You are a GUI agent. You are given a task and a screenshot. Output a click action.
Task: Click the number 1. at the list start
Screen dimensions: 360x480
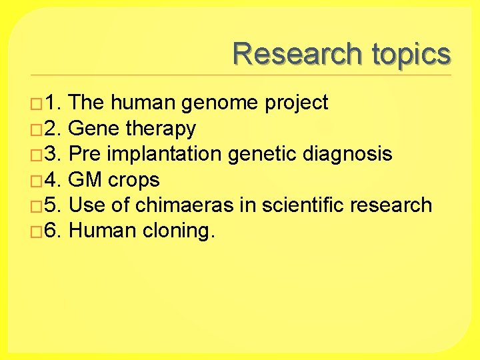coord(53,103)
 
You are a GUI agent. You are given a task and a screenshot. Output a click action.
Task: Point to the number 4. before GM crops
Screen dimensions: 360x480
coord(53,180)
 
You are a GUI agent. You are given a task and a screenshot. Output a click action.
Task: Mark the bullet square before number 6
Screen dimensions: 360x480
coord(37,232)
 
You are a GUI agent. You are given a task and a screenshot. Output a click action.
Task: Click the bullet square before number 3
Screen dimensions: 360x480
coord(37,155)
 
